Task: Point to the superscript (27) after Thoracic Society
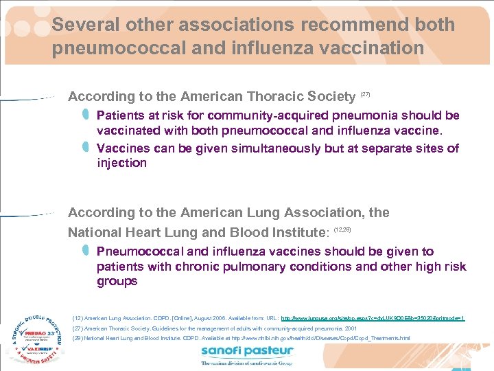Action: point(365,93)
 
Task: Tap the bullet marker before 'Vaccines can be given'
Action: point(86,147)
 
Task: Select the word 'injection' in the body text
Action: point(121,164)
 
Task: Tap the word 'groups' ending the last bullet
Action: point(117,282)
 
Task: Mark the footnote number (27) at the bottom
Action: point(78,328)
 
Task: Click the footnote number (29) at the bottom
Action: point(78,339)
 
